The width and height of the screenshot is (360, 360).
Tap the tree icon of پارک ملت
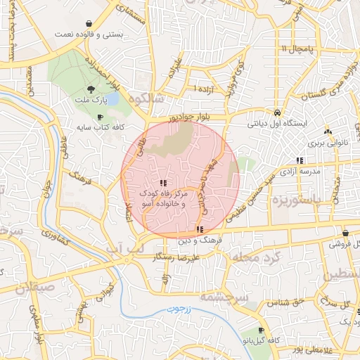click(91, 89)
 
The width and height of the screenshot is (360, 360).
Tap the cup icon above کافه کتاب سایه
click(100, 117)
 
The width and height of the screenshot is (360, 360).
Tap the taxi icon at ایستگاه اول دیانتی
click(278, 112)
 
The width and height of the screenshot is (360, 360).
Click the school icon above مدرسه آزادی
click(300, 160)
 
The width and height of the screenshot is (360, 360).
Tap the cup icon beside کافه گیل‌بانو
click(262, 330)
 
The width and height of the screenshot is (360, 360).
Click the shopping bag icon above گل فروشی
click(345, 233)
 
